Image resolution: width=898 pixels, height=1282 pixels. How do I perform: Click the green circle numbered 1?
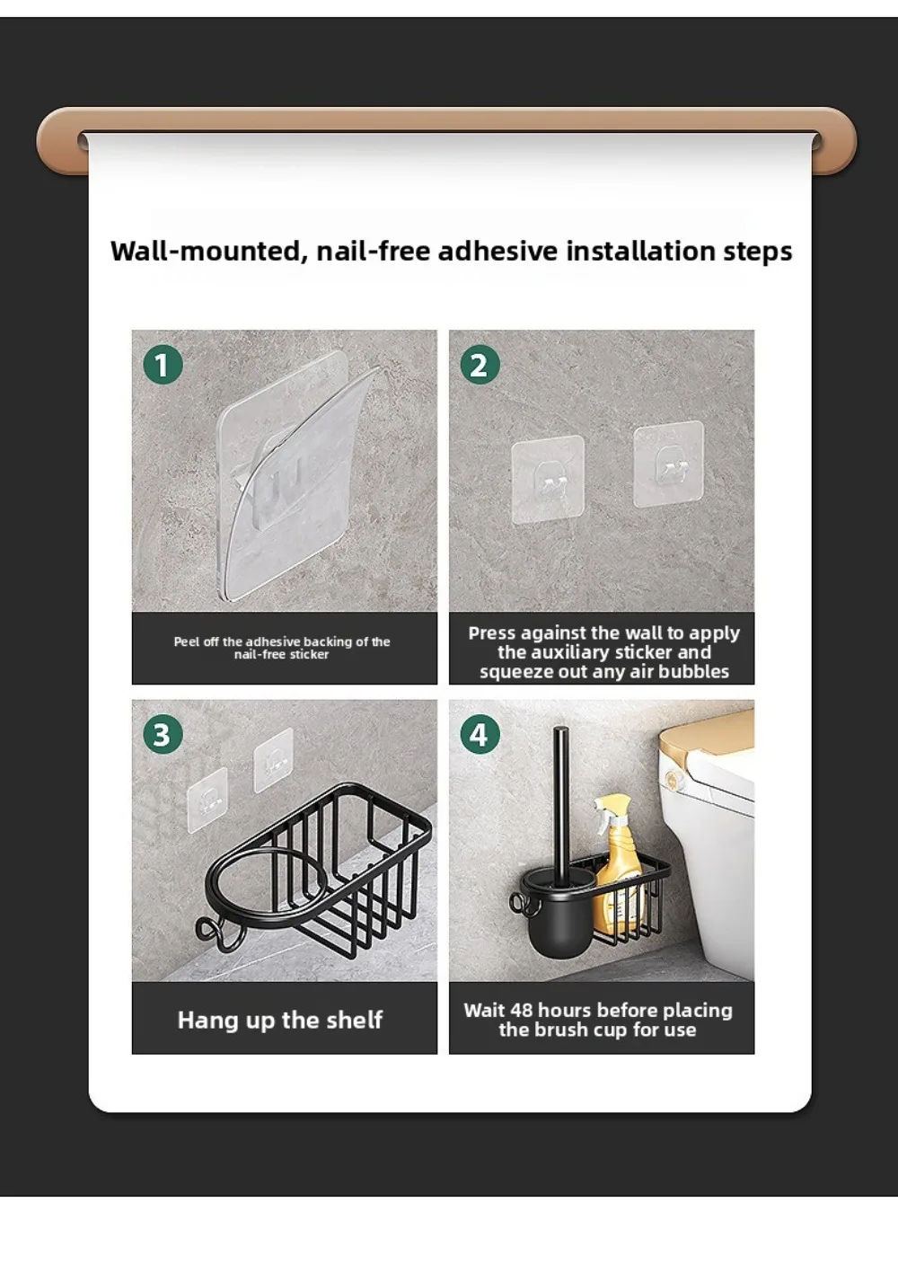click(x=163, y=365)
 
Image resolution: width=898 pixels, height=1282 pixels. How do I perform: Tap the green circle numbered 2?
click(x=480, y=365)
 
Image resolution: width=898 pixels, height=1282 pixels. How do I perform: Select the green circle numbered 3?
click(x=163, y=734)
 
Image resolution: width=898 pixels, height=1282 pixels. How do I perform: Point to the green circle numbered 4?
click(x=480, y=734)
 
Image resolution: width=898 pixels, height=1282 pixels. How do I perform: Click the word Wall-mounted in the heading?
click(x=209, y=252)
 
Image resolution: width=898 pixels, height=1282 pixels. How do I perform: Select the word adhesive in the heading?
click(x=497, y=252)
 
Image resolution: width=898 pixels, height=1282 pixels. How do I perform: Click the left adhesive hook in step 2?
click(x=548, y=480)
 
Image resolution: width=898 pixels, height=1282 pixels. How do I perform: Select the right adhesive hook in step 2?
click(x=669, y=464)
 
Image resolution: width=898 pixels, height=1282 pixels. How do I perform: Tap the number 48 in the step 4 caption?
click(x=521, y=1011)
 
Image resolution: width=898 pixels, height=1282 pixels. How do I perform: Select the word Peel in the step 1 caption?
click(x=187, y=641)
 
